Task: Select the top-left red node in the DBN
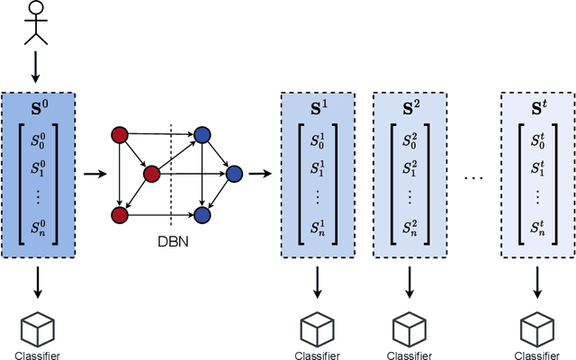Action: point(118,135)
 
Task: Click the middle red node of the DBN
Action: point(151,173)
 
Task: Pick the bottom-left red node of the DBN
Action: point(118,214)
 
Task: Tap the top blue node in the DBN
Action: point(202,135)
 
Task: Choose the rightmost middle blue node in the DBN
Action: point(234,173)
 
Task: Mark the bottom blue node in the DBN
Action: point(202,214)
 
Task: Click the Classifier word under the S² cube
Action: point(409,355)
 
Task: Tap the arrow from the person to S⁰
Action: point(36,66)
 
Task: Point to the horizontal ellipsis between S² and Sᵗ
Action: point(473,176)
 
